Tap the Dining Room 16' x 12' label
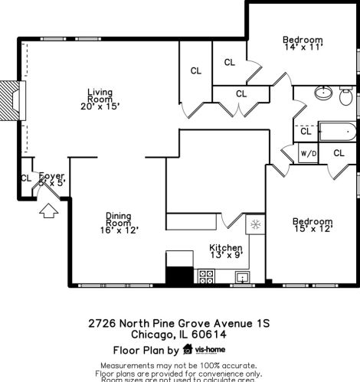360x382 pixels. (x=119, y=222)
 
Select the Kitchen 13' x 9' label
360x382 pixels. (x=226, y=252)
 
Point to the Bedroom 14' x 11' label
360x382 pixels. (x=303, y=43)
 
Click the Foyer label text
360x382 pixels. (x=52, y=178)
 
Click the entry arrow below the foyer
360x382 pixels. (x=48, y=208)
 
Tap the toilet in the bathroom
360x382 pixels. (x=346, y=96)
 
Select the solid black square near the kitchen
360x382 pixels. (x=179, y=276)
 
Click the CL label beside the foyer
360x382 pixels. (x=26, y=178)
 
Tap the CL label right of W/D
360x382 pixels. (x=338, y=153)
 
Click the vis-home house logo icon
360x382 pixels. (x=188, y=350)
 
